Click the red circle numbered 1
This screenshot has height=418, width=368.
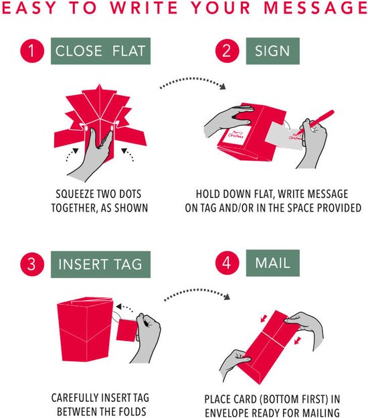(x=32, y=51)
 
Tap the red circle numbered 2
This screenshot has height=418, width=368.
(x=227, y=51)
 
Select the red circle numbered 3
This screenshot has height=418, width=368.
(x=32, y=264)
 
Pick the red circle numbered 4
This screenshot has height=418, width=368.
(x=227, y=263)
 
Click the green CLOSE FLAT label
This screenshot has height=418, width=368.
(x=100, y=51)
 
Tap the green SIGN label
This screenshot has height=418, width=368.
(x=273, y=51)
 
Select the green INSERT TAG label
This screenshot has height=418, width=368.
(x=100, y=265)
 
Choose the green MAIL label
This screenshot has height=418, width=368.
(x=273, y=263)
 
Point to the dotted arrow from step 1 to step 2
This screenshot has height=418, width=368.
(x=192, y=79)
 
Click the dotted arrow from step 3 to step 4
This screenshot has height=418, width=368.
(x=197, y=290)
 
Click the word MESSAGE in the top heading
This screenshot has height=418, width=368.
(x=316, y=7)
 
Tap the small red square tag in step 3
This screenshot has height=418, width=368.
(x=126, y=330)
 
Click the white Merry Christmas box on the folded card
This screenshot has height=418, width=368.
(x=236, y=135)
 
